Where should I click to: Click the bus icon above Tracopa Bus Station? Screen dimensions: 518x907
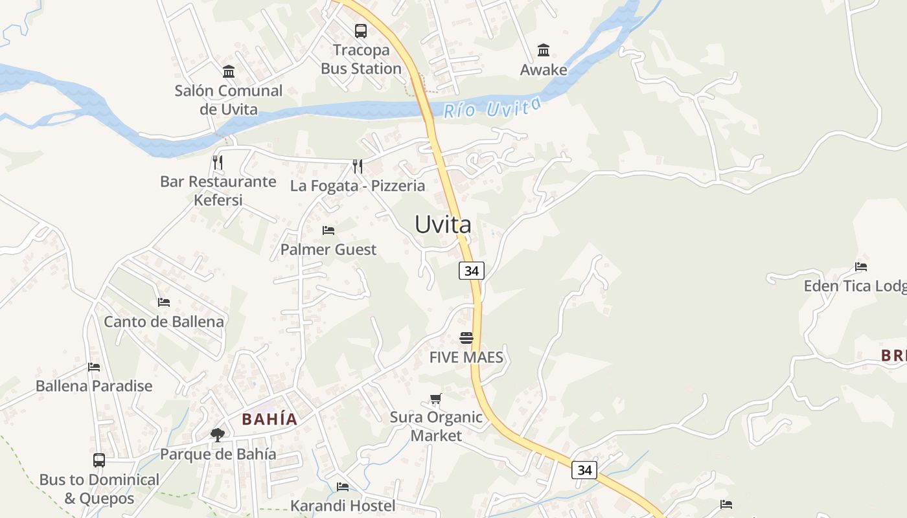(x=361, y=30)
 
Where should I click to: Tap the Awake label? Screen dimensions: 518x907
(x=544, y=70)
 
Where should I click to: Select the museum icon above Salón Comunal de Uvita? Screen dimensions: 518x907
(x=228, y=71)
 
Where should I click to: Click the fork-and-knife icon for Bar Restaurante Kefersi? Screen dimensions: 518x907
(x=218, y=163)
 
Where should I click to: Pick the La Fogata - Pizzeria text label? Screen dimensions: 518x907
(x=358, y=186)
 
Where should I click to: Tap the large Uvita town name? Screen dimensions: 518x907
(x=443, y=224)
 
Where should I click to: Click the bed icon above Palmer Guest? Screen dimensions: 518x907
(x=328, y=231)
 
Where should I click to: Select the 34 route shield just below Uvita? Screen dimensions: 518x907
(x=472, y=271)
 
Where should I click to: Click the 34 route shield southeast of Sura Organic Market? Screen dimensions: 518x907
(x=584, y=469)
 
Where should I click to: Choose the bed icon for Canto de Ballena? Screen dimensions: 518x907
(x=164, y=302)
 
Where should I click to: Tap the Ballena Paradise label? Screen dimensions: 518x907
(x=94, y=386)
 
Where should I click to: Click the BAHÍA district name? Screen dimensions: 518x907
(x=270, y=419)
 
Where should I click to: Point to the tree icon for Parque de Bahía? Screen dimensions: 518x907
(x=218, y=434)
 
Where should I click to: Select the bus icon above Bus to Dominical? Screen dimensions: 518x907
(x=99, y=460)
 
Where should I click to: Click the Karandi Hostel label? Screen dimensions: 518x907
(x=343, y=505)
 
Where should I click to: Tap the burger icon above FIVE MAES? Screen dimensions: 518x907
(x=466, y=338)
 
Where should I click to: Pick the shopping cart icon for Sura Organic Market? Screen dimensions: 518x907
(x=436, y=399)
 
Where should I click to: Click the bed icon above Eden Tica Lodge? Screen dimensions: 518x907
(x=861, y=266)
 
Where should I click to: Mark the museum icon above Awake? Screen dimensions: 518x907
(x=544, y=51)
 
